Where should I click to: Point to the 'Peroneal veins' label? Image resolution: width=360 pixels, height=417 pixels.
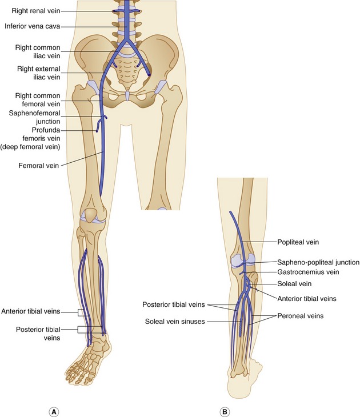coord(301,315)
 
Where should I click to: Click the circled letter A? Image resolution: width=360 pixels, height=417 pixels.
coord(55,411)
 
